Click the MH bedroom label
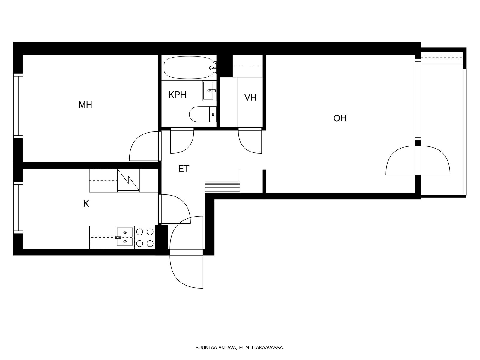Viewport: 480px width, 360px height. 85,105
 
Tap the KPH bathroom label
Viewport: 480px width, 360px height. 177,95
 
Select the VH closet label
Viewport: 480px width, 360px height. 250,97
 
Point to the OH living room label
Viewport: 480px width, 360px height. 340,118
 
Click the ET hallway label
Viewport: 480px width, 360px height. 184,169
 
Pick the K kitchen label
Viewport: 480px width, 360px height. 86,204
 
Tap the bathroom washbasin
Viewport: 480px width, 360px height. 209,91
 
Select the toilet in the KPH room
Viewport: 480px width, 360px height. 203,114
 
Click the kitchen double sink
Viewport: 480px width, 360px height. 125,237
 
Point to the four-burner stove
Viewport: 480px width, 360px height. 145,237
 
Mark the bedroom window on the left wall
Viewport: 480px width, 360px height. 18,106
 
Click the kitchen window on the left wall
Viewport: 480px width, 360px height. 18,208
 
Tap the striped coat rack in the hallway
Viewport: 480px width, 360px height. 222,187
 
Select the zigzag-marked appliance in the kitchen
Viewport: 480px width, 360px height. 128,181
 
